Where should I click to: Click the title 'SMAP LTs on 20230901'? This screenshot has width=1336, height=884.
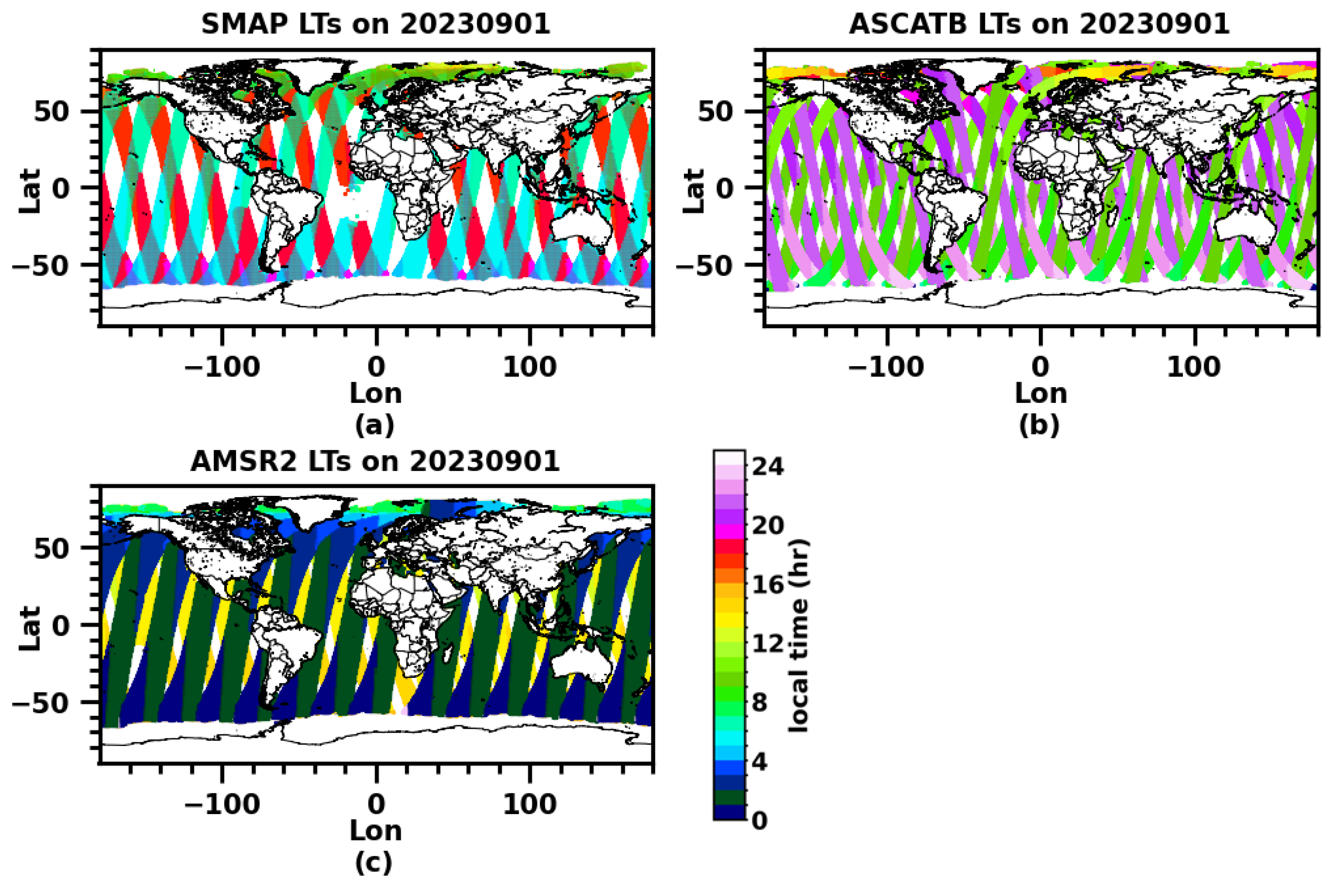click(376, 24)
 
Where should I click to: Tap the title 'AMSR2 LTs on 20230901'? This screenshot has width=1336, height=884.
click(376, 461)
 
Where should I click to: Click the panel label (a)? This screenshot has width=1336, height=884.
click(375, 426)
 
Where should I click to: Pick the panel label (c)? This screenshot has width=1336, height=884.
click(375, 862)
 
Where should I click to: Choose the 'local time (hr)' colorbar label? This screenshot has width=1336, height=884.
click(798, 636)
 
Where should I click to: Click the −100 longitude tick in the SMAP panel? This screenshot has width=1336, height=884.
click(223, 367)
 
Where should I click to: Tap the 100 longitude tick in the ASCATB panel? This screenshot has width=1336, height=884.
click(1194, 367)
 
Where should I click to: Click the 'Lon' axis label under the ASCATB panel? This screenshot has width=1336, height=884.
click(1041, 394)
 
